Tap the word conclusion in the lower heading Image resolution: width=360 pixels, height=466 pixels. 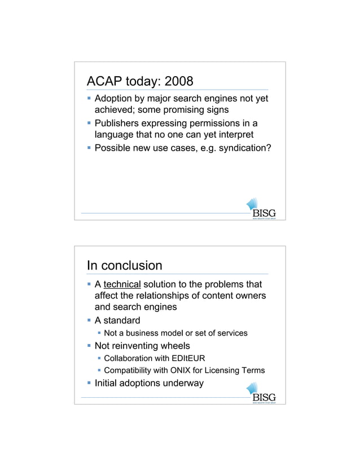(x=134, y=265)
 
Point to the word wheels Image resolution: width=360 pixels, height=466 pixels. (x=173, y=346)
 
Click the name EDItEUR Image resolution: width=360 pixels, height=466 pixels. (x=186, y=358)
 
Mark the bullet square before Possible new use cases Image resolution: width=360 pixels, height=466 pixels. (x=89, y=148)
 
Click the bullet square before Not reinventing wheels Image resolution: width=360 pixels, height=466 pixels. (x=89, y=346)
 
